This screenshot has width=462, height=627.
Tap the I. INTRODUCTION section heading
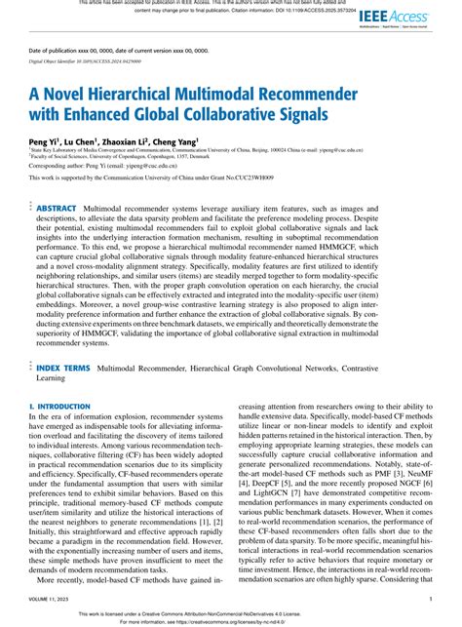click(x=61, y=376)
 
